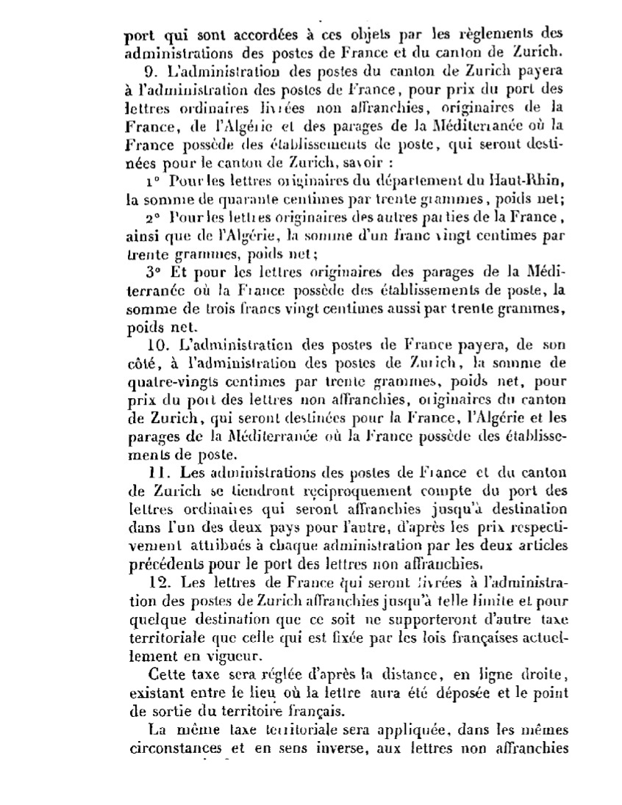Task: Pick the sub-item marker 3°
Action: (153, 271)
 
